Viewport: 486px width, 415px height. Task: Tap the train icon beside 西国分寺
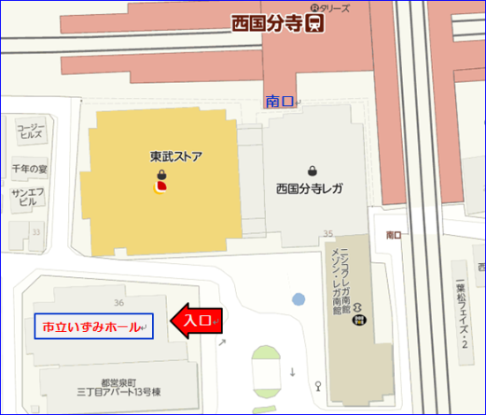pos(315,23)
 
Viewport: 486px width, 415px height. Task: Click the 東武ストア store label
pos(176,157)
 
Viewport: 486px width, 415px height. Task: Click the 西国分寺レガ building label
pos(309,188)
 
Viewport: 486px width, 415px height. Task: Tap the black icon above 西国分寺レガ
pos(312,170)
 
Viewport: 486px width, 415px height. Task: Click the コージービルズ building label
pos(29,132)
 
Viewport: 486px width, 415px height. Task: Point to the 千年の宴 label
pos(28,167)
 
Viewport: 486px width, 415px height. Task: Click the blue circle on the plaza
pos(299,299)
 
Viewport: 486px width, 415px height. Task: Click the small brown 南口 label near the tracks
pos(394,236)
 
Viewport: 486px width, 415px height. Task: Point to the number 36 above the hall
pos(118,279)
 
